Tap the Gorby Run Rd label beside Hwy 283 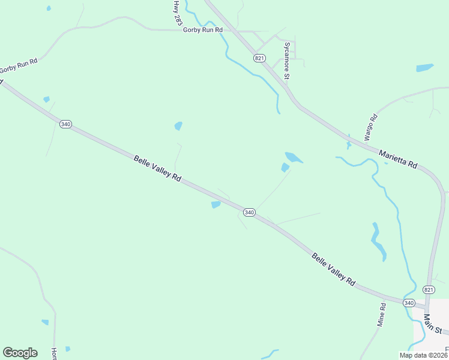[x=203, y=29]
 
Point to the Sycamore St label [x=287, y=61]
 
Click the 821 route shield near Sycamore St [x=259, y=58]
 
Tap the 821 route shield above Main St [x=429, y=289]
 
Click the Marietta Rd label [x=397, y=158]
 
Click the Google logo [x=20, y=352]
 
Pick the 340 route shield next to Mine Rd [x=409, y=302]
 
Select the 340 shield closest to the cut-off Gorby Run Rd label [x=65, y=124]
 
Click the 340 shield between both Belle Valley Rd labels [x=250, y=212]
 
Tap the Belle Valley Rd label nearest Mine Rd [x=333, y=268]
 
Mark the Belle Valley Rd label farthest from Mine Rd [x=157, y=169]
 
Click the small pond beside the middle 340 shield [x=215, y=205]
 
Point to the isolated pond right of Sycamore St [x=425, y=68]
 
